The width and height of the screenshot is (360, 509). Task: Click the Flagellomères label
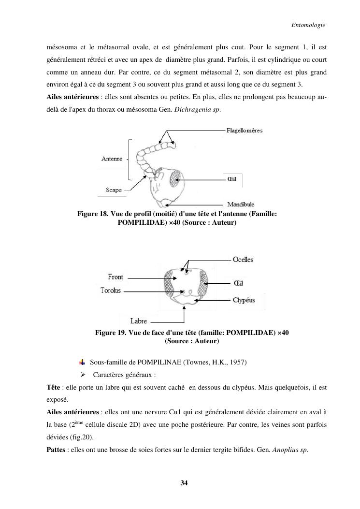[245, 131]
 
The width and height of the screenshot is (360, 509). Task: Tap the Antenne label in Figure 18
[112, 159]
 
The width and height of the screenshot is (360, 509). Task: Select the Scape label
[114, 190]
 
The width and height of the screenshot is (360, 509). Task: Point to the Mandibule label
[241, 204]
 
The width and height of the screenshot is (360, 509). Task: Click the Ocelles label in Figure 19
[243, 260]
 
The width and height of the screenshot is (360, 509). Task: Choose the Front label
[115, 277]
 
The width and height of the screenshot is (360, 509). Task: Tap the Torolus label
[110, 290]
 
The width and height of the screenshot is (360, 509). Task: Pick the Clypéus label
[244, 300]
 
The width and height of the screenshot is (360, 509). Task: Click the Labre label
[139, 321]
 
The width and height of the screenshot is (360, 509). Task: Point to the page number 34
[184, 483]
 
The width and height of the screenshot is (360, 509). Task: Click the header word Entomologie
[308, 25]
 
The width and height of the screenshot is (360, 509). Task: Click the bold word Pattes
[56, 450]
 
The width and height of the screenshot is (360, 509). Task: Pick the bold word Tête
[53, 387]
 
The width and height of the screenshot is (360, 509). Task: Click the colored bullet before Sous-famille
[82, 362]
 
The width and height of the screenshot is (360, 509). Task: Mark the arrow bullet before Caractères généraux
[83, 375]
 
